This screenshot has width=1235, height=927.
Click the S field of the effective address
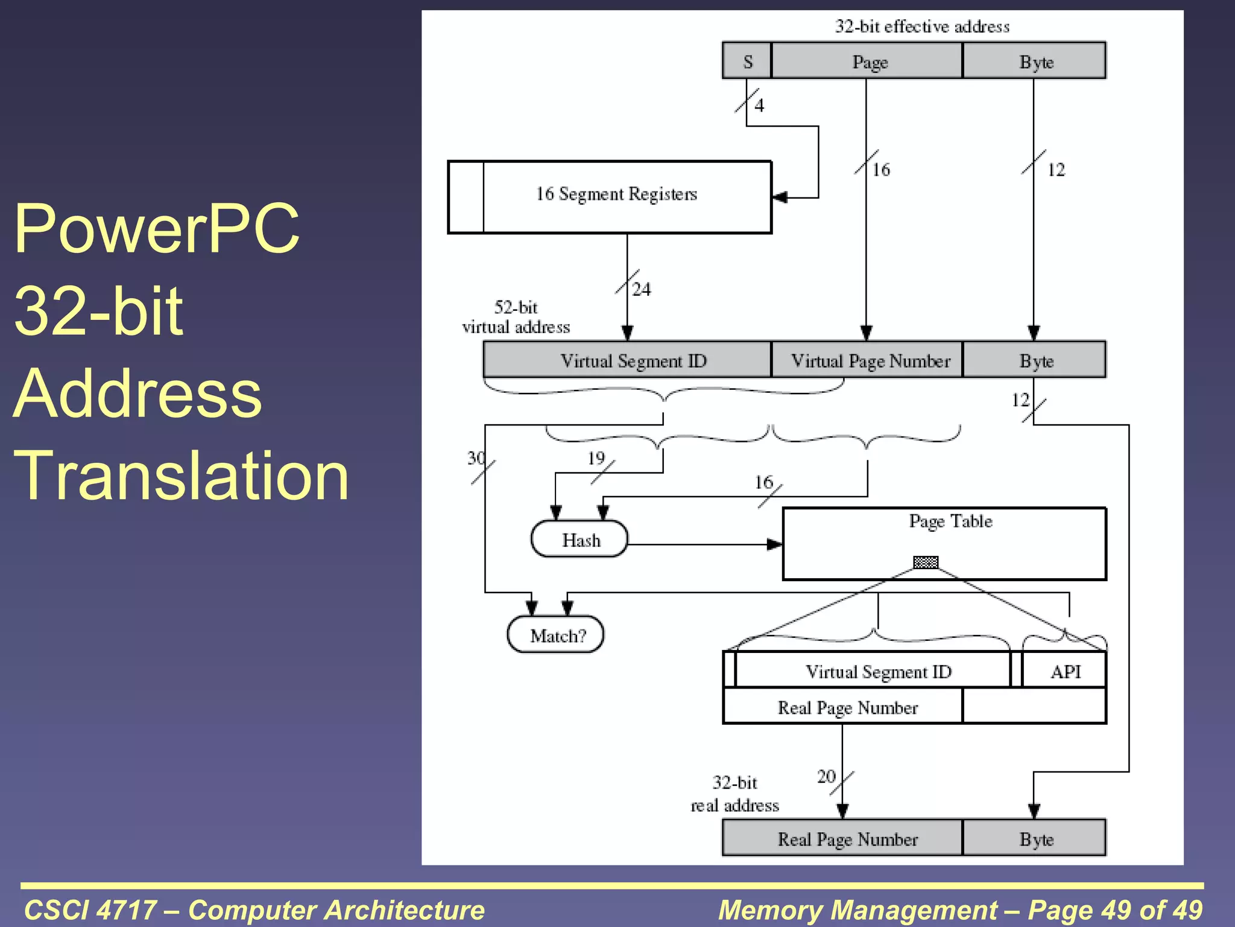(747, 61)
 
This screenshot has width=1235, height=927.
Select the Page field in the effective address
(867, 61)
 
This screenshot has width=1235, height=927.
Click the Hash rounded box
(580, 539)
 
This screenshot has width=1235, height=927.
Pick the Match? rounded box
(556, 635)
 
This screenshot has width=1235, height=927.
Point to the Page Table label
(950, 521)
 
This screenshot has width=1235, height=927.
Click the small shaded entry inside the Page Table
(926, 562)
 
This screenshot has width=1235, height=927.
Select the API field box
(1064, 671)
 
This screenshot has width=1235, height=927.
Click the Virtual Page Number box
(867, 360)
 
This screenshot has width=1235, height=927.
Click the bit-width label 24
(642, 290)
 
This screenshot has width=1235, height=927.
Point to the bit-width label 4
(759, 106)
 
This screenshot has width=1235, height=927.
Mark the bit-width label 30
(476, 458)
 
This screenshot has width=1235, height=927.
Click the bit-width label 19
(596, 458)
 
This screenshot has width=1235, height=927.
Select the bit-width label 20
(826, 776)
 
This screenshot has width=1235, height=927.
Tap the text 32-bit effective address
(922, 27)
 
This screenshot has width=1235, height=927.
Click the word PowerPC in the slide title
(157, 228)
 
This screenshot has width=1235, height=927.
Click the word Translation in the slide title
(181, 476)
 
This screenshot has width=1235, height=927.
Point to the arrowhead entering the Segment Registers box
(779, 197)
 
